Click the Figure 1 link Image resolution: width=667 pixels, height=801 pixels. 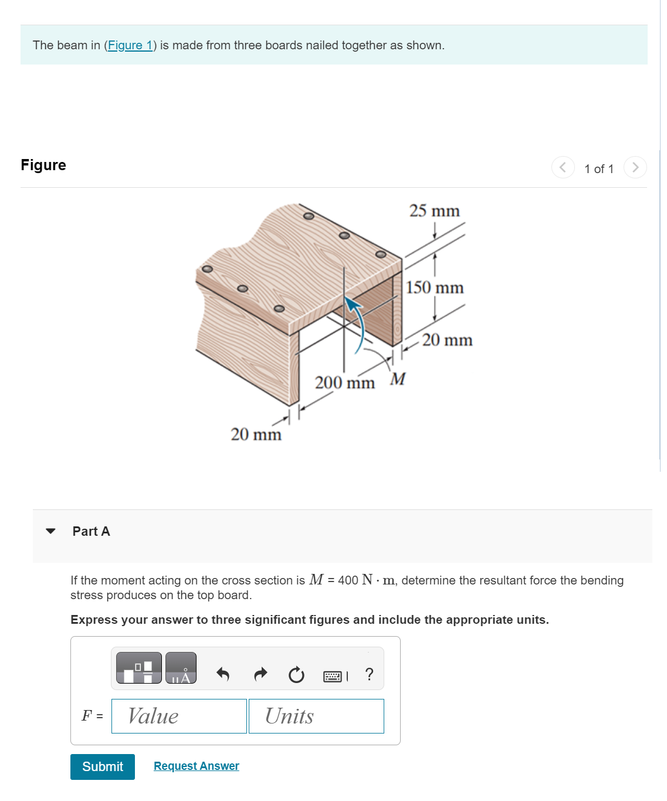point(130,45)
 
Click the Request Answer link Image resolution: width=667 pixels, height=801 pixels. point(196,766)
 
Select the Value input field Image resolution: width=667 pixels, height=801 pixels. point(179,716)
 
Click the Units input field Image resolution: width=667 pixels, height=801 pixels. point(316,716)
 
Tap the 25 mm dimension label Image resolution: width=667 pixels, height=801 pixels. point(434,211)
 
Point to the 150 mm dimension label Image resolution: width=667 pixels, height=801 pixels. point(435,288)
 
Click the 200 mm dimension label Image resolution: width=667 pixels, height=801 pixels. point(344,383)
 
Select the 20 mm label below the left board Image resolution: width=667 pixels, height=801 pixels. point(256,434)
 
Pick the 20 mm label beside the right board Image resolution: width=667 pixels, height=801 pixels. point(447,340)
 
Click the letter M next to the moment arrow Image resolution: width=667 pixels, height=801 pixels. point(398,379)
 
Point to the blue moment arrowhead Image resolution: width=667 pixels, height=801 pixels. point(351,303)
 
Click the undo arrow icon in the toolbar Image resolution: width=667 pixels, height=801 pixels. point(222,674)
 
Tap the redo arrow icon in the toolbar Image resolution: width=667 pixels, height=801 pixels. point(260,674)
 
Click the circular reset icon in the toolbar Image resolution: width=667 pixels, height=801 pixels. point(296,675)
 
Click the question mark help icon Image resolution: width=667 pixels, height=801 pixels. point(369,674)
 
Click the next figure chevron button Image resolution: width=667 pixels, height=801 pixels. point(635,168)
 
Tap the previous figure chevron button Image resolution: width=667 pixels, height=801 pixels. point(563,168)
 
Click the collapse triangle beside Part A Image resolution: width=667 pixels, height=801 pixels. point(51,531)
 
